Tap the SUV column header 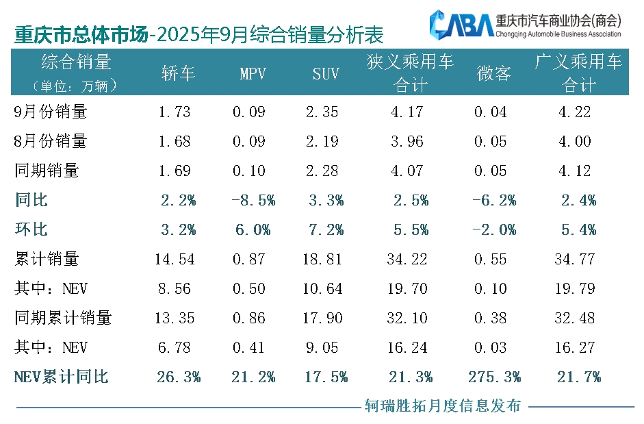326,74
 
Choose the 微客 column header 493,74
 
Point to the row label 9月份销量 51,112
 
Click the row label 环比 31,229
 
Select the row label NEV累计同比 61,377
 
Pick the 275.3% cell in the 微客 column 494,377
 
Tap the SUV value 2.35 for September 326,112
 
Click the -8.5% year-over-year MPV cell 253,200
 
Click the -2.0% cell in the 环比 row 494,229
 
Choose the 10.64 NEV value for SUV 326,288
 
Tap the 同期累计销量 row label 63,318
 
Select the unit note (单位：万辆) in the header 75,86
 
